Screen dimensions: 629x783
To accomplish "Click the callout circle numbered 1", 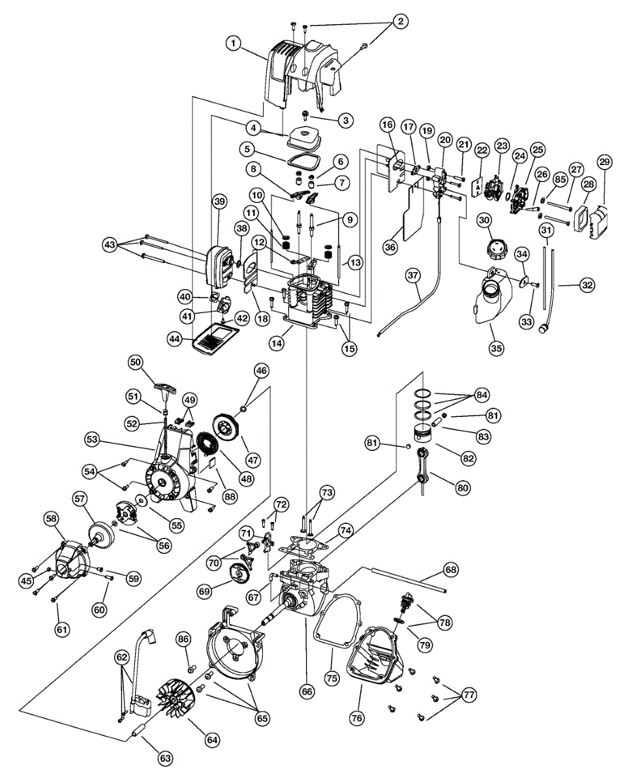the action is (234, 43).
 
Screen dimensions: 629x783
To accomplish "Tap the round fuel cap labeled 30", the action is (497, 249).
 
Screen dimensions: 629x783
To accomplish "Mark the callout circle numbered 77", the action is (469, 696).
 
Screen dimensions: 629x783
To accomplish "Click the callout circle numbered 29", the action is (604, 162).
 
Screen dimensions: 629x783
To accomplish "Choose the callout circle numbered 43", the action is (110, 245).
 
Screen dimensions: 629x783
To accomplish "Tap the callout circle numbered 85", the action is (560, 179).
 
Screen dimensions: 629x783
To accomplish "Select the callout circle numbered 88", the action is (230, 497).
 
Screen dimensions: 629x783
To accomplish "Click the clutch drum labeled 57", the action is (102, 534).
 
